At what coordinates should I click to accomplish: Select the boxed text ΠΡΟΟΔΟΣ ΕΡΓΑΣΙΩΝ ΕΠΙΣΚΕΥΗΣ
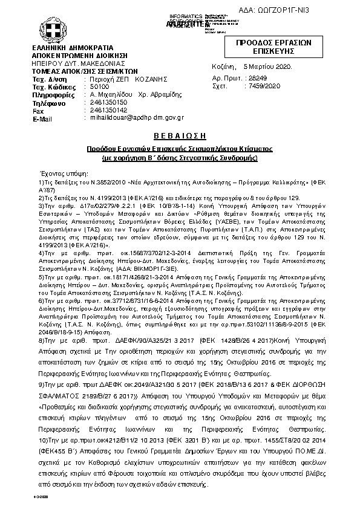273,48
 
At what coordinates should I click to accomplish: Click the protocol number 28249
258,79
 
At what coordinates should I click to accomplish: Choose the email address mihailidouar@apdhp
119,119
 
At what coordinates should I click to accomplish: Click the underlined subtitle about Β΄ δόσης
180,157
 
